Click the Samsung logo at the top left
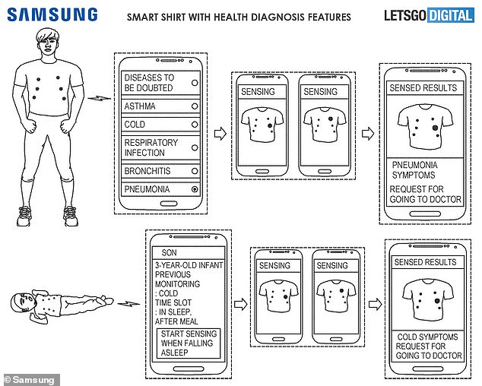point(52,14)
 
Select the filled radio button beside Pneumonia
point(195,189)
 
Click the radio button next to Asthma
point(195,106)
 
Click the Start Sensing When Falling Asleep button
point(186,343)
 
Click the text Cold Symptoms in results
point(428,336)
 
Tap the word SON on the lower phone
point(166,252)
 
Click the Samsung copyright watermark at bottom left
point(30,379)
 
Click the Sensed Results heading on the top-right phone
point(423,88)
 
